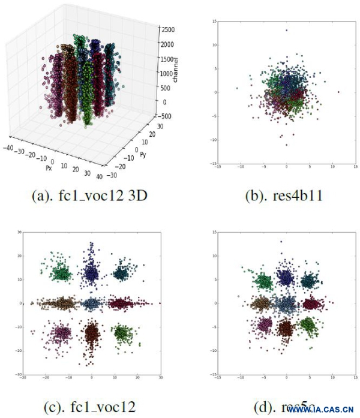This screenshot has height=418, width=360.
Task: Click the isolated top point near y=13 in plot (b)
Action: [286, 30]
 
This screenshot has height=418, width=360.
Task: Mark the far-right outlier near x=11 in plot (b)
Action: [339, 92]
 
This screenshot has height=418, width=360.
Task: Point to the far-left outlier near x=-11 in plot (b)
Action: [237, 88]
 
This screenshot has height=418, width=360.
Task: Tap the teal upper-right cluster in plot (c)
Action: [122, 274]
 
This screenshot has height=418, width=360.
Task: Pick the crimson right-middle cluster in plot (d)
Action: [311, 304]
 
